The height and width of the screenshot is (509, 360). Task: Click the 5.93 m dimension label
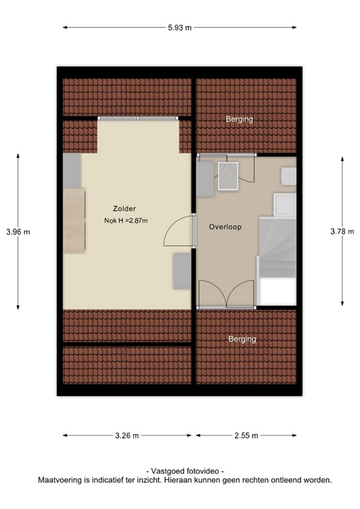pos(179,27)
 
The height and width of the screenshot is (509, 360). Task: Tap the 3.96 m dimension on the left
pos(18,231)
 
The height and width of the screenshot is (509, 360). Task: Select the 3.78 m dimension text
pos(342,231)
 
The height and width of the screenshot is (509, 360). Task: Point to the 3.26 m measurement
pos(126,435)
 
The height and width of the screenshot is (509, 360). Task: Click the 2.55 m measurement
pos(245,435)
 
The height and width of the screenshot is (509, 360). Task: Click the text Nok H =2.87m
pos(125,221)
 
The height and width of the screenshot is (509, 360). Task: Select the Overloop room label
pos(225,227)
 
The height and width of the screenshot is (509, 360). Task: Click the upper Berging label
pos(239,119)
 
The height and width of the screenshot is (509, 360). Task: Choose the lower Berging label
pos(242,339)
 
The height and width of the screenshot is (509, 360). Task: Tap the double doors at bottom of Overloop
pos(226,295)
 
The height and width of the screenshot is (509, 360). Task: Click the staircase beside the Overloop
pos(277,249)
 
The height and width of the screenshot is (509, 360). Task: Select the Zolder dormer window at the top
pos(138,118)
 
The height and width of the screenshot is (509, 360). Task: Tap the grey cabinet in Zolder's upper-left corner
pos(72,170)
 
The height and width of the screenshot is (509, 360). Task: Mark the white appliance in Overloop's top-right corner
pos(288,176)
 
